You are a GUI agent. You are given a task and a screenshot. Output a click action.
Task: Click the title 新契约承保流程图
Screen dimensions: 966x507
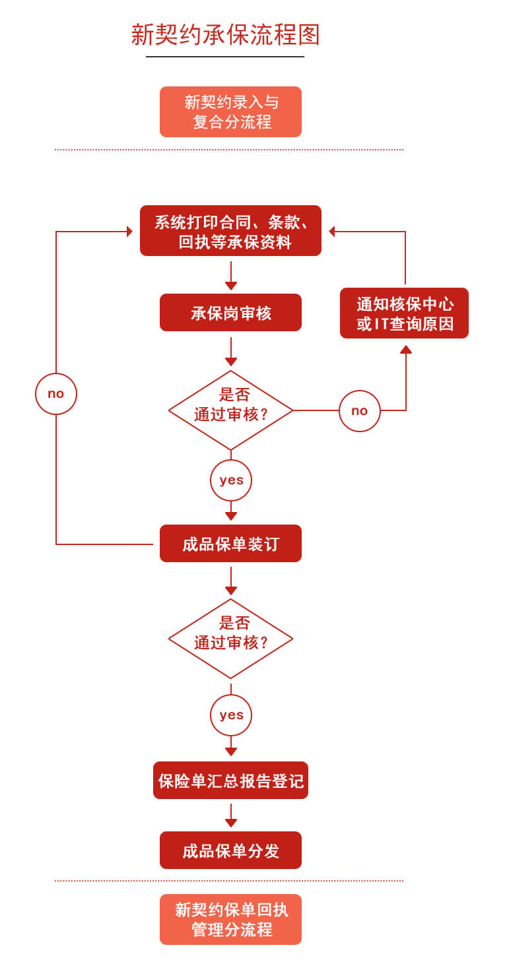tap(225, 35)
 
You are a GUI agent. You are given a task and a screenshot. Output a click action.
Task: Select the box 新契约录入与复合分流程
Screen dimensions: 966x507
tap(230, 112)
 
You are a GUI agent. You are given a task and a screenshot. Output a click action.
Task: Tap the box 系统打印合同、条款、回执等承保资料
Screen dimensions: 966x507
tap(230, 231)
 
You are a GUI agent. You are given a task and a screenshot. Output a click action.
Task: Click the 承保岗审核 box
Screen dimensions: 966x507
tap(230, 313)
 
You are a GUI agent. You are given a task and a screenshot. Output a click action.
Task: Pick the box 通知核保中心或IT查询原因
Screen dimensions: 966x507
tap(404, 313)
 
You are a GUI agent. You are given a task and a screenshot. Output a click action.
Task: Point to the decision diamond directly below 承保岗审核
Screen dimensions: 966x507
tap(230, 410)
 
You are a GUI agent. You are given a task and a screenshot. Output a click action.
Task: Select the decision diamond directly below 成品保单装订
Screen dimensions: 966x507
tap(230, 639)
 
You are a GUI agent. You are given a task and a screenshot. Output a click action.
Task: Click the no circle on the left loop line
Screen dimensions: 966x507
tap(56, 394)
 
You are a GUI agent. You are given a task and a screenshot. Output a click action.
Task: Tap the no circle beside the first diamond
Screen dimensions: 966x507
tap(360, 411)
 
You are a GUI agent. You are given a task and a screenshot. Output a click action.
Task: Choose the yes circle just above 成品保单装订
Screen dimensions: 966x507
tap(231, 480)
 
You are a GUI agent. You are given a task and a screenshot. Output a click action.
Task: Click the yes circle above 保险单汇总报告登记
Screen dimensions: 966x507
tap(231, 715)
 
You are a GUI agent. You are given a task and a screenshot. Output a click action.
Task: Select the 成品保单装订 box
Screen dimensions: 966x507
tap(230, 544)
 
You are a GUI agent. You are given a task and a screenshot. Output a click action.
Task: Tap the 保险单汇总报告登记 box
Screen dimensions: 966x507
tap(230, 781)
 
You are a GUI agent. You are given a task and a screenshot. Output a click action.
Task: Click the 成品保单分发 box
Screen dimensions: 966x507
tap(230, 851)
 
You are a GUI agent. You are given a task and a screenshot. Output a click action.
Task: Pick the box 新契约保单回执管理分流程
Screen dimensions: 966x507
tap(230, 920)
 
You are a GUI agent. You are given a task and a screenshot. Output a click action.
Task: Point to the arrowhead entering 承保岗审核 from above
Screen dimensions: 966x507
tap(231, 286)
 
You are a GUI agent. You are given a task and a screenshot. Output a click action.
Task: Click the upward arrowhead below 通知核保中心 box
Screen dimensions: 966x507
tap(406, 349)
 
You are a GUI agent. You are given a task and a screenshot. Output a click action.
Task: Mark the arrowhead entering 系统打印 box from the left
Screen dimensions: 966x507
tap(130, 232)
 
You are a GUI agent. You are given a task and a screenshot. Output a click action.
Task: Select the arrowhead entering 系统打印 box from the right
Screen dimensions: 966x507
tap(332, 232)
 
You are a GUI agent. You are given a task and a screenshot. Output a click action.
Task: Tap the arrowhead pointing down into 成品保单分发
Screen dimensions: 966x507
tap(231, 823)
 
